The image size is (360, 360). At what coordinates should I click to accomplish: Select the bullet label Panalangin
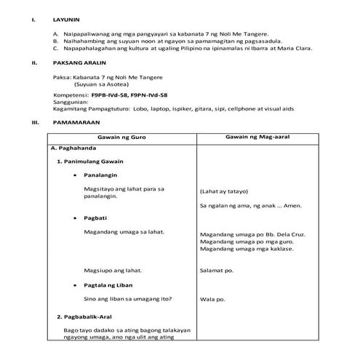(101, 175)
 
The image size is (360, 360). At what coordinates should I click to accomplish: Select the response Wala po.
(211, 299)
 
